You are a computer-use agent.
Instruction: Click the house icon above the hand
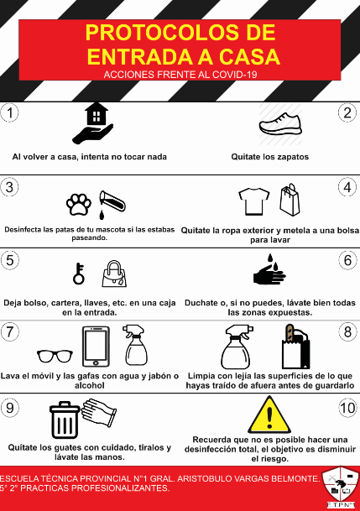[97, 114]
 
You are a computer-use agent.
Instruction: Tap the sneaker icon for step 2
[280, 124]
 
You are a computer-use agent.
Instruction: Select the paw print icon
[79, 205]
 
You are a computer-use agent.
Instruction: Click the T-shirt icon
[253, 201]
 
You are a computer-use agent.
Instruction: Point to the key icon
[79, 274]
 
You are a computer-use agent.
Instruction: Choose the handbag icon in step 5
[114, 274]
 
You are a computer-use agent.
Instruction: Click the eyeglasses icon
[55, 356]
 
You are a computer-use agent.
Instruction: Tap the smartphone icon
[96, 347]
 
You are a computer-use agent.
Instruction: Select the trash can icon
[65, 420]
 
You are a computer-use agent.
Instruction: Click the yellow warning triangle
[269, 415]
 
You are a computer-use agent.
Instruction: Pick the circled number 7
[10, 332]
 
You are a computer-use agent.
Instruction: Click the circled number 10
[347, 408]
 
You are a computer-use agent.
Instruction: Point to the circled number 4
[347, 187]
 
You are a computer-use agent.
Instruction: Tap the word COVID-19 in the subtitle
[235, 75]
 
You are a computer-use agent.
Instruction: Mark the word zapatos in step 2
[291, 157]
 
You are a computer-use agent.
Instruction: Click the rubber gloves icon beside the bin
[99, 412]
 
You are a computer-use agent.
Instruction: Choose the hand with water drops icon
[269, 270]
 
